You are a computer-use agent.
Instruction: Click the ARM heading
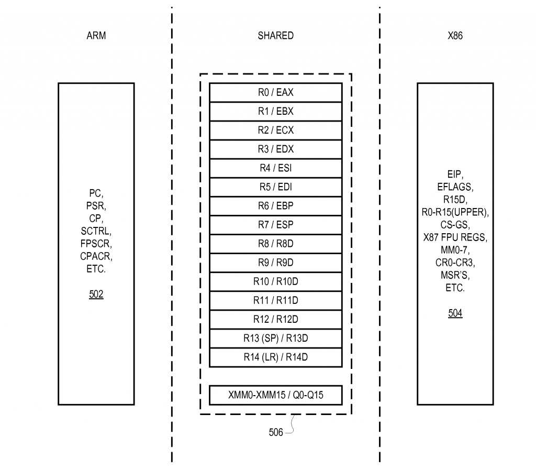tap(96, 36)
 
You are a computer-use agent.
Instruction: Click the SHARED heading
tap(275, 36)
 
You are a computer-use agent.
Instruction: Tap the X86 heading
tap(455, 36)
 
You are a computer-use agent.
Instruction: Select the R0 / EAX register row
tap(275, 93)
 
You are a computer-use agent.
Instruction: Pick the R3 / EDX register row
tap(275, 149)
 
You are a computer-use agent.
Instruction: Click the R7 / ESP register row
tap(275, 225)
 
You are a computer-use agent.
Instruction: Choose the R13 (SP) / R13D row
tap(275, 339)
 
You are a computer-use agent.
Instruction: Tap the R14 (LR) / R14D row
tap(275, 357)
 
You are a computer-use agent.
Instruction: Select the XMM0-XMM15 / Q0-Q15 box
tap(275, 395)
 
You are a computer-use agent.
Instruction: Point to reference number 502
tap(96, 295)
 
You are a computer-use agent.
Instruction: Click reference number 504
tap(455, 313)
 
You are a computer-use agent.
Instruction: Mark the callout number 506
tap(276, 432)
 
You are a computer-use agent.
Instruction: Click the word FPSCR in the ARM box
tap(96, 244)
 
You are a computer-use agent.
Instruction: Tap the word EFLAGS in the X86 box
tap(455, 187)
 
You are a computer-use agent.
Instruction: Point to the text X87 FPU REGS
tap(455, 237)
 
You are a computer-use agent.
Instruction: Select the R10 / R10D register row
tap(275, 282)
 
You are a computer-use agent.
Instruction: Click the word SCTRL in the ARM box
tap(96, 231)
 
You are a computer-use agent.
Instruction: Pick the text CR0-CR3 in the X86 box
tap(455, 263)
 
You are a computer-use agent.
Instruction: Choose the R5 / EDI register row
tap(275, 187)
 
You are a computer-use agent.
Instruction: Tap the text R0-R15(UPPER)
tap(455, 212)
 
